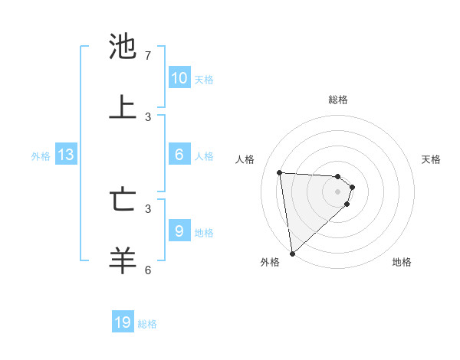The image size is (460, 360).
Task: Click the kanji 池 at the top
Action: [x=123, y=47]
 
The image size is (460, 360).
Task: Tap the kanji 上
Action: [x=123, y=107]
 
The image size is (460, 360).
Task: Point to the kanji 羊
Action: [x=123, y=260]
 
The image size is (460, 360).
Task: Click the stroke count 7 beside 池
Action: [x=148, y=56]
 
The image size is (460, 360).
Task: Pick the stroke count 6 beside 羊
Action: [x=148, y=270]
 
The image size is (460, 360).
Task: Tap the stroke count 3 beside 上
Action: [x=148, y=116]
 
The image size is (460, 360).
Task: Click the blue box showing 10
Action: [x=179, y=78]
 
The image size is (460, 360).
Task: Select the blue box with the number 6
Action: [x=179, y=155]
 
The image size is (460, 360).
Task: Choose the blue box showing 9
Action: [x=179, y=231]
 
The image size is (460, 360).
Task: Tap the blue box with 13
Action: [x=66, y=155]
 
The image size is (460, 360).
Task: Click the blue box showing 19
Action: [x=123, y=323]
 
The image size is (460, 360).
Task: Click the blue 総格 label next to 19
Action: [x=147, y=324]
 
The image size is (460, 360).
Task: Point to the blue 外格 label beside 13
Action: [x=41, y=156]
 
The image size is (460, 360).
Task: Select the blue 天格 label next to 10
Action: [x=204, y=79]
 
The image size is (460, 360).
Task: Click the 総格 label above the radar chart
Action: [x=338, y=100]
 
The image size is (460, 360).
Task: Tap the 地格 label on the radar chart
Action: [x=402, y=262]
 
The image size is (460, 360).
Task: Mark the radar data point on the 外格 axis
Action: [x=291, y=253]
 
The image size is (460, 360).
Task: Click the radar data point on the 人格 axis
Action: [x=280, y=172]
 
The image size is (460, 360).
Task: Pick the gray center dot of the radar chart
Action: [x=338, y=191]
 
